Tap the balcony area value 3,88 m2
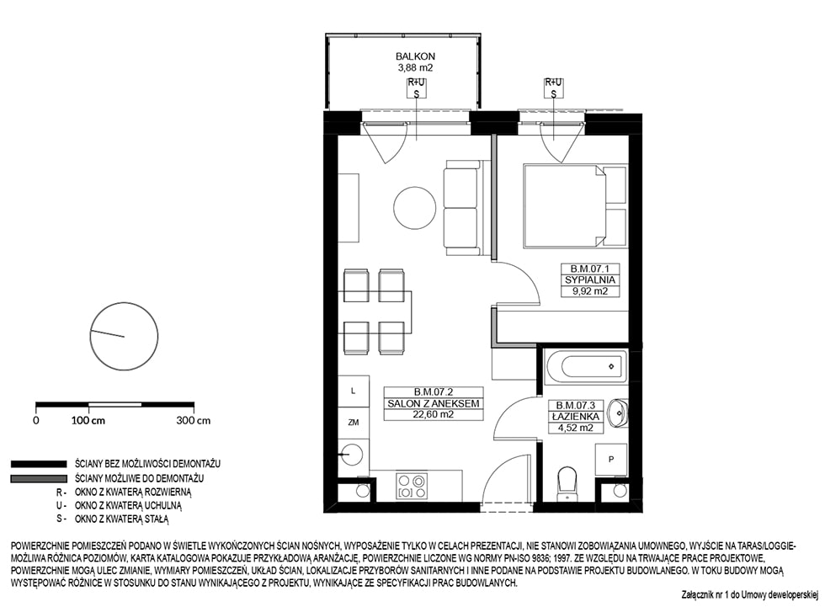click(415, 67)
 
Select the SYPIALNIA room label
click(590, 280)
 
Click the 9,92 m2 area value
click(590, 291)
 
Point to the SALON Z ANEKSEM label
click(434, 403)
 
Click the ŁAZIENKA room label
click(576, 417)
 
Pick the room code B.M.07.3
click(576, 406)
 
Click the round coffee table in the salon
click(415, 208)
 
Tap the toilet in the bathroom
click(567, 484)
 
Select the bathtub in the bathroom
click(587, 366)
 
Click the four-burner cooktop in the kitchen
click(411, 486)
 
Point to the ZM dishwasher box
click(354, 423)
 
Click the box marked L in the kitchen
click(354, 391)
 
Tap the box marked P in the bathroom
click(611, 460)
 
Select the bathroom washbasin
click(618, 413)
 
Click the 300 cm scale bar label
click(194, 421)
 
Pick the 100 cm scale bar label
click(88, 421)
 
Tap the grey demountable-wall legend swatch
click(39, 479)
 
